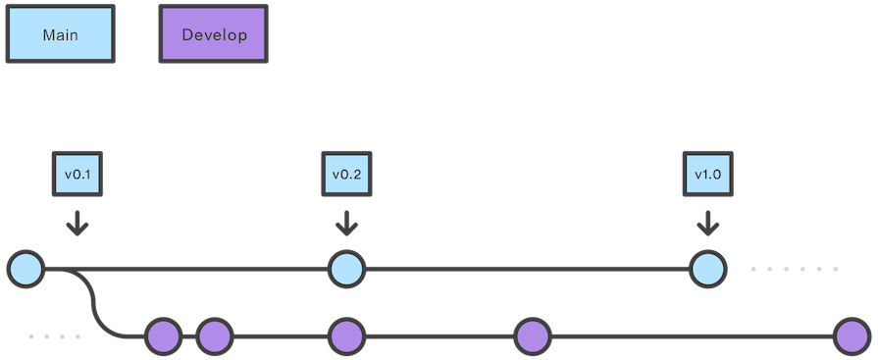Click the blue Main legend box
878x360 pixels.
click(x=60, y=35)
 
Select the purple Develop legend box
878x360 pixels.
click(x=213, y=35)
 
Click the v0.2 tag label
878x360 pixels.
click(x=346, y=175)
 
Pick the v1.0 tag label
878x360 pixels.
click(x=707, y=175)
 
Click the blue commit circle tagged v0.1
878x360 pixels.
click(x=26, y=269)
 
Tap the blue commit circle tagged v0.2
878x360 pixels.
click(x=345, y=269)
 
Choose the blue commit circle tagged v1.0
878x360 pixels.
click(x=707, y=269)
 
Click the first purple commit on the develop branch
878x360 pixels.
click(x=163, y=336)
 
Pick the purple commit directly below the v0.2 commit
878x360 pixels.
click(x=345, y=336)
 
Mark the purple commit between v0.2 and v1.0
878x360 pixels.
click(x=532, y=336)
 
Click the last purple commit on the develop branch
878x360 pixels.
click(x=852, y=336)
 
